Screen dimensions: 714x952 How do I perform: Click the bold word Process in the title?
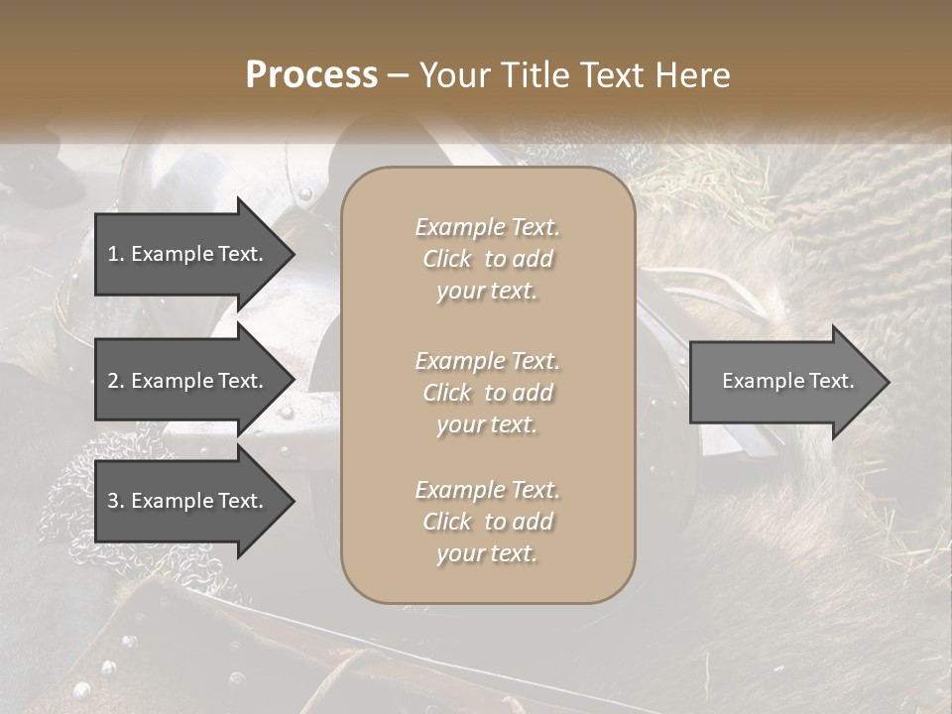[x=311, y=75]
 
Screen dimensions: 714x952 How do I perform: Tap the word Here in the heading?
[x=693, y=75]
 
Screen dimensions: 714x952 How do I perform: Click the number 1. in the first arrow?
[x=116, y=254]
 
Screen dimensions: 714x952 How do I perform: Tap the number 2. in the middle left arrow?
[x=116, y=381]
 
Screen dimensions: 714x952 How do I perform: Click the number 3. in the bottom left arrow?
[x=116, y=501]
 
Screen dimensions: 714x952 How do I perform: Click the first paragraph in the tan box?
[x=488, y=259]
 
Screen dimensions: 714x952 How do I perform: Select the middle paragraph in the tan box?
[x=488, y=393]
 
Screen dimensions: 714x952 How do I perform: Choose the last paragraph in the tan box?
[x=488, y=522]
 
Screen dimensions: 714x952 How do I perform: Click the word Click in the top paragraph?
[x=447, y=259]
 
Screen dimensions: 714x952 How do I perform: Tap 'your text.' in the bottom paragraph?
[x=487, y=553]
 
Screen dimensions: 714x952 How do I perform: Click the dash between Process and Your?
[x=398, y=76]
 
